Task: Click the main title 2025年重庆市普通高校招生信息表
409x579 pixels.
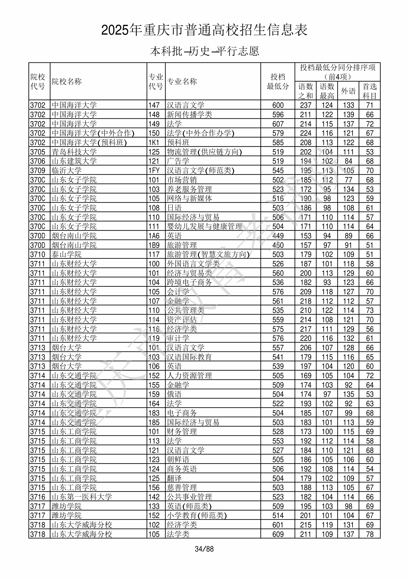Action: coord(204,30)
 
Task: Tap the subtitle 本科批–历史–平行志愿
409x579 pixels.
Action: coord(204,51)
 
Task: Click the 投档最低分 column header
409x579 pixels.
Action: coord(278,81)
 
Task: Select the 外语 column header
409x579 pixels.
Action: coord(348,91)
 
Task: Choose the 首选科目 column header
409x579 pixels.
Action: coord(369,91)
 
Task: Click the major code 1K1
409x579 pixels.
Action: coord(154,143)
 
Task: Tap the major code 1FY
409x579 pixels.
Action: coord(154,171)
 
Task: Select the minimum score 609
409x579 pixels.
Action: coord(278,534)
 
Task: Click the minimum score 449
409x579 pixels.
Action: coord(278,236)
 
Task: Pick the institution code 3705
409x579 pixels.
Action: coord(38,152)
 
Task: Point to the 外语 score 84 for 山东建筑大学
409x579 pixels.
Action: coord(349,161)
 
